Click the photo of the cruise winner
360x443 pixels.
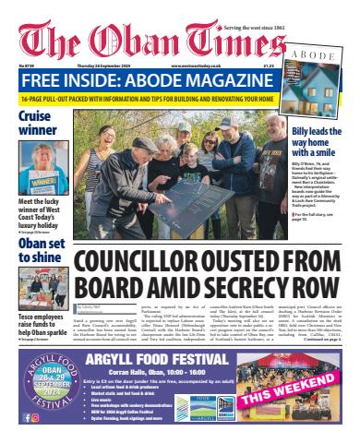40,170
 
